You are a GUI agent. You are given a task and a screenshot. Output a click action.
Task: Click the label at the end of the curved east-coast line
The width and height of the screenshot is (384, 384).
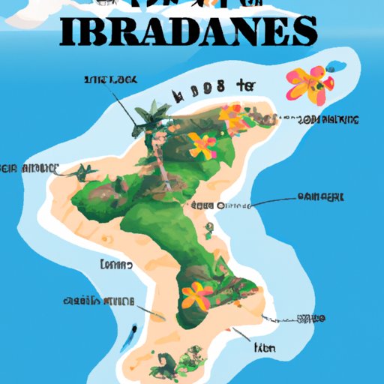(320, 196)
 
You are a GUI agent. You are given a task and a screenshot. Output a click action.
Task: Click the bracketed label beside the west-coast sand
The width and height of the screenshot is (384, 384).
(115, 265)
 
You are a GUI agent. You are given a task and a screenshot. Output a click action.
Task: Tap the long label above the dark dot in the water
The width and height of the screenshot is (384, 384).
(101, 301)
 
